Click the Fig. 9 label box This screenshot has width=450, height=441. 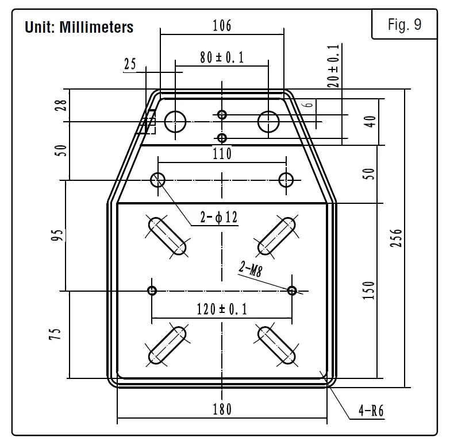(x=405, y=25)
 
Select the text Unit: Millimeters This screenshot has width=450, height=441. (x=79, y=27)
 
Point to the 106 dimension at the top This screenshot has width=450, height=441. (x=221, y=25)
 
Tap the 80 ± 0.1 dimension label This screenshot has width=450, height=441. (x=222, y=58)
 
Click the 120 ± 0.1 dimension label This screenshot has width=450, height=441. (x=222, y=309)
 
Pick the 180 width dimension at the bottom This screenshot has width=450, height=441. (x=221, y=409)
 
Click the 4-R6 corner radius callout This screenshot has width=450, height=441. (x=371, y=411)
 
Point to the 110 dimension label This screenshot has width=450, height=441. (x=222, y=153)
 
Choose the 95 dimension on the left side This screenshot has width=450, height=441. (x=56, y=235)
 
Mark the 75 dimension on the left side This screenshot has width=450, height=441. (x=56, y=334)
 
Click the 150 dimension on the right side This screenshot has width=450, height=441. (x=370, y=291)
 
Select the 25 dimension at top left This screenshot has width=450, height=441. (x=130, y=64)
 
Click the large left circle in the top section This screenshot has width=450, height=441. (x=176, y=121)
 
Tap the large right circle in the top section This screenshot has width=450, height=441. (x=268, y=121)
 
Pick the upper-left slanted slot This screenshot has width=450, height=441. (x=168, y=235)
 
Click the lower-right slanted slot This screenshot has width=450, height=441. (x=276, y=345)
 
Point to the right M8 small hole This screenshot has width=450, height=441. (x=293, y=290)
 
